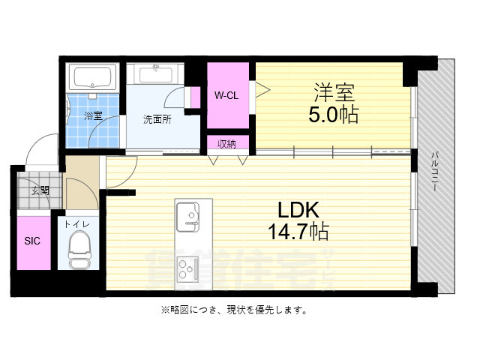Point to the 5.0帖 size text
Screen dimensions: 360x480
(332, 115)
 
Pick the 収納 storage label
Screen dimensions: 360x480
(227, 144)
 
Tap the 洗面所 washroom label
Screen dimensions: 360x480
(157, 119)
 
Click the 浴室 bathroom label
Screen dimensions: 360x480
(93, 115)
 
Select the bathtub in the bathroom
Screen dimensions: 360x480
(91, 78)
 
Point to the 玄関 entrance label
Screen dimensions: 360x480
(40, 190)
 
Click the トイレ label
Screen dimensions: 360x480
(77, 223)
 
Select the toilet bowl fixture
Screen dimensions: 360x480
(78, 247)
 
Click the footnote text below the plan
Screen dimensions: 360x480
(233, 310)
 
